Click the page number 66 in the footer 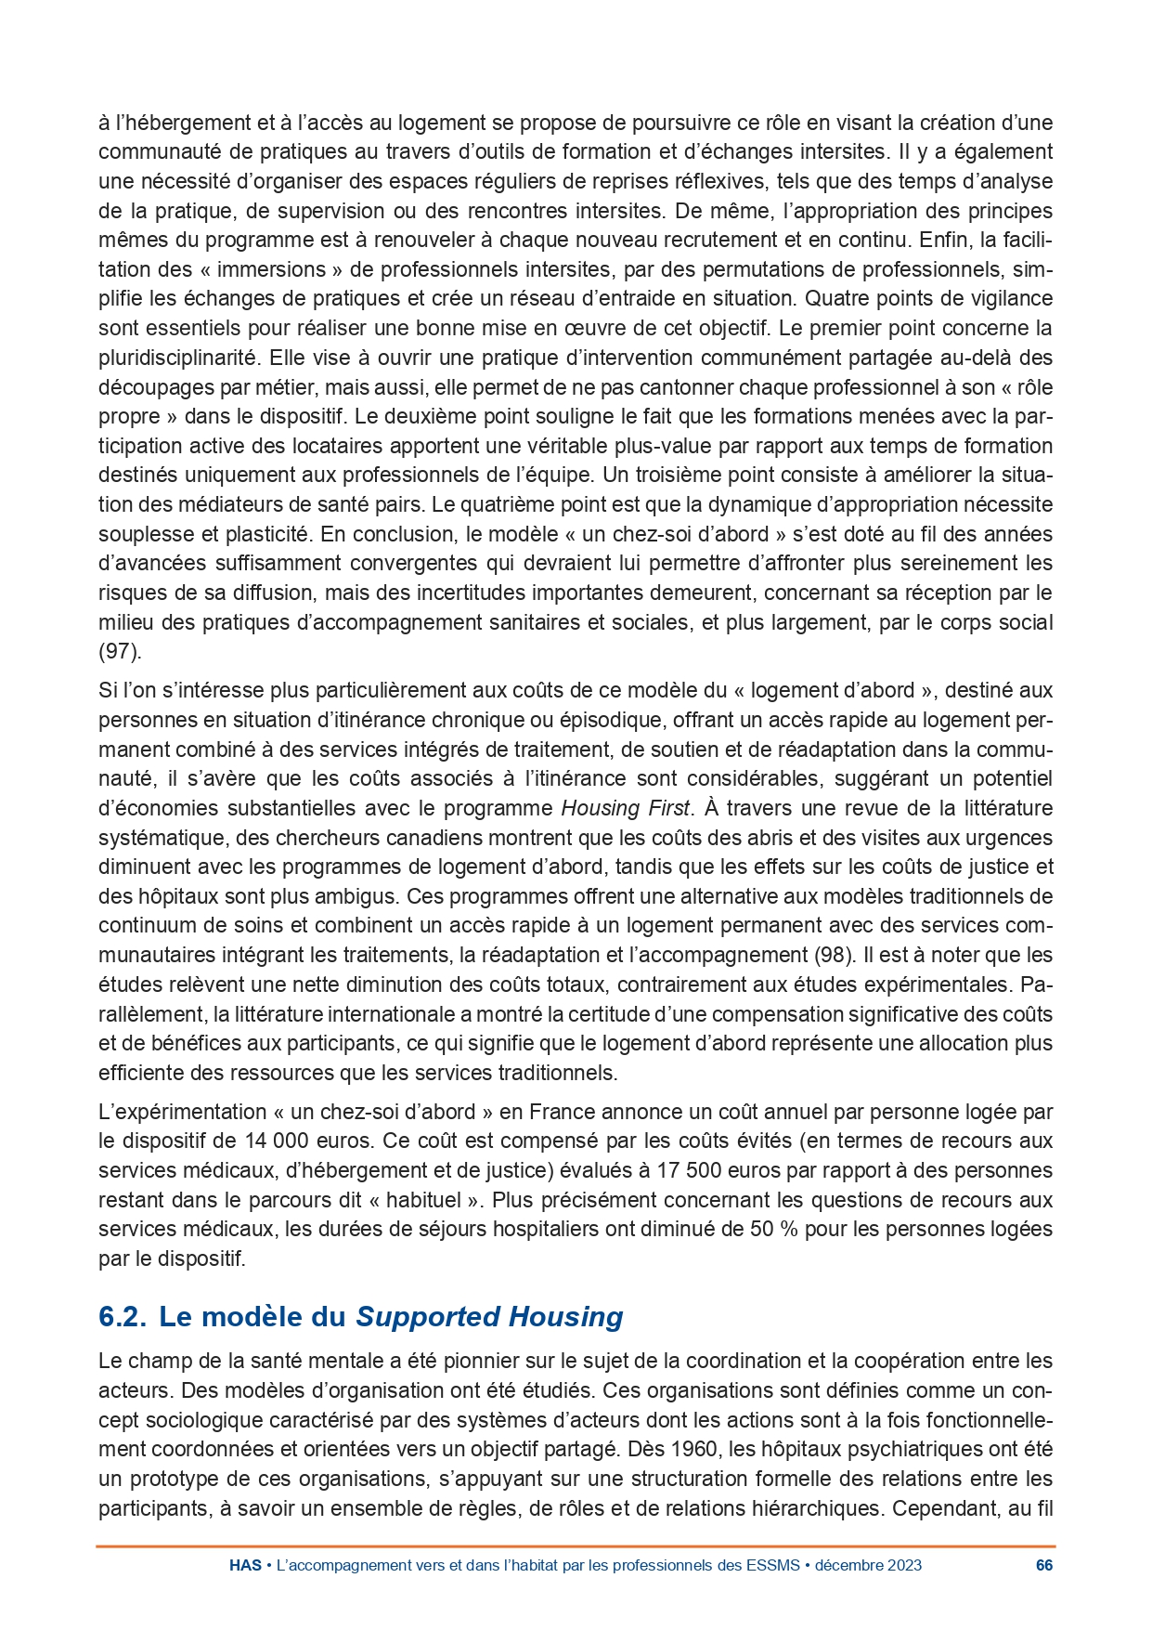tap(1044, 1565)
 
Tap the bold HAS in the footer tap(245, 1565)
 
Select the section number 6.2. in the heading tap(124, 1317)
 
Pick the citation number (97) tap(120, 652)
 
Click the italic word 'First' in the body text tap(667, 808)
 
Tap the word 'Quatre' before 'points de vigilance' tap(835, 298)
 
